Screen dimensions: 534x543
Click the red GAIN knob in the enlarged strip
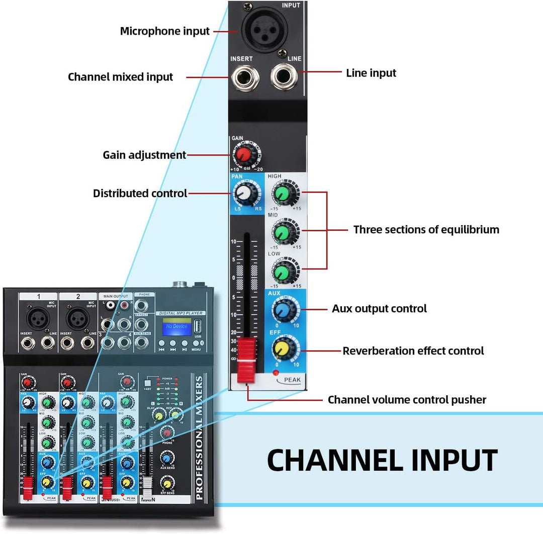click(x=244, y=154)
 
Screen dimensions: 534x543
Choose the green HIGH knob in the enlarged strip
click(x=282, y=193)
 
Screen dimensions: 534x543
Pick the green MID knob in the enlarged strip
click(x=282, y=233)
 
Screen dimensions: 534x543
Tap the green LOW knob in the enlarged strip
click(x=282, y=273)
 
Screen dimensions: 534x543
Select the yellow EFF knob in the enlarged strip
click(x=282, y=348)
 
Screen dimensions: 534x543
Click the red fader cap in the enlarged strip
click(x=247, y=354)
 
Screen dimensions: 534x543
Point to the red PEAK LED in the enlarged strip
click(x=275, y=373)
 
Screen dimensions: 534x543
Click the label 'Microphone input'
click(x=164, y=31)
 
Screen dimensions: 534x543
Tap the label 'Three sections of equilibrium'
click(x=426, y=230)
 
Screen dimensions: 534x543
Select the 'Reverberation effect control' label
click(x=413, y=351)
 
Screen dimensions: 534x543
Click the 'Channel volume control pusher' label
click(x=407, y=400)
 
